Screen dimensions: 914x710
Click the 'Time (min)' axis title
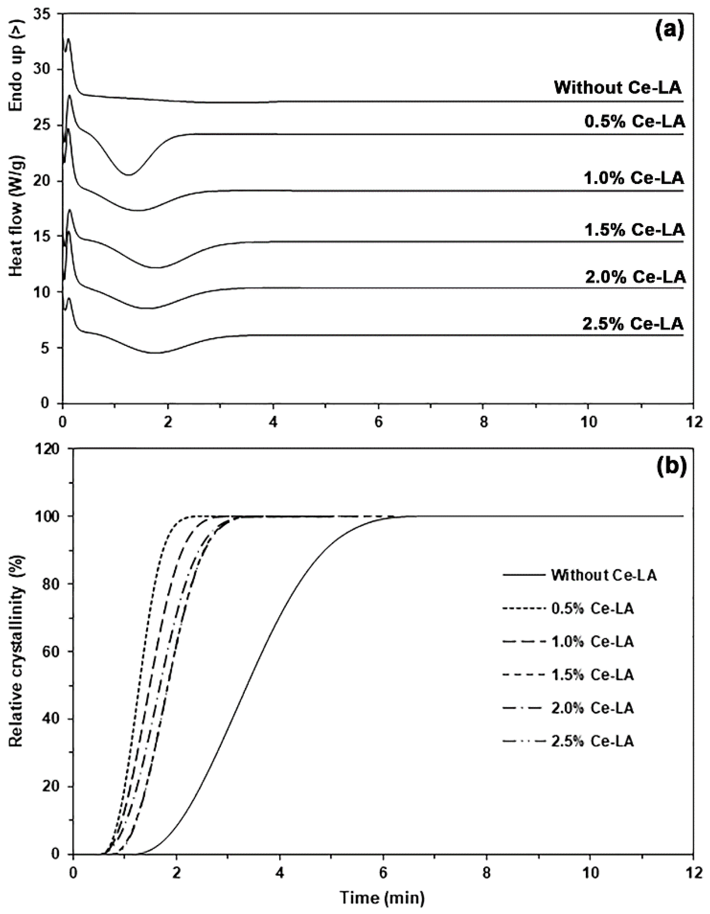click(x=382, y=898)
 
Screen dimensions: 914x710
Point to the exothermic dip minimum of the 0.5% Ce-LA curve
click(x=129, y=175)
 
